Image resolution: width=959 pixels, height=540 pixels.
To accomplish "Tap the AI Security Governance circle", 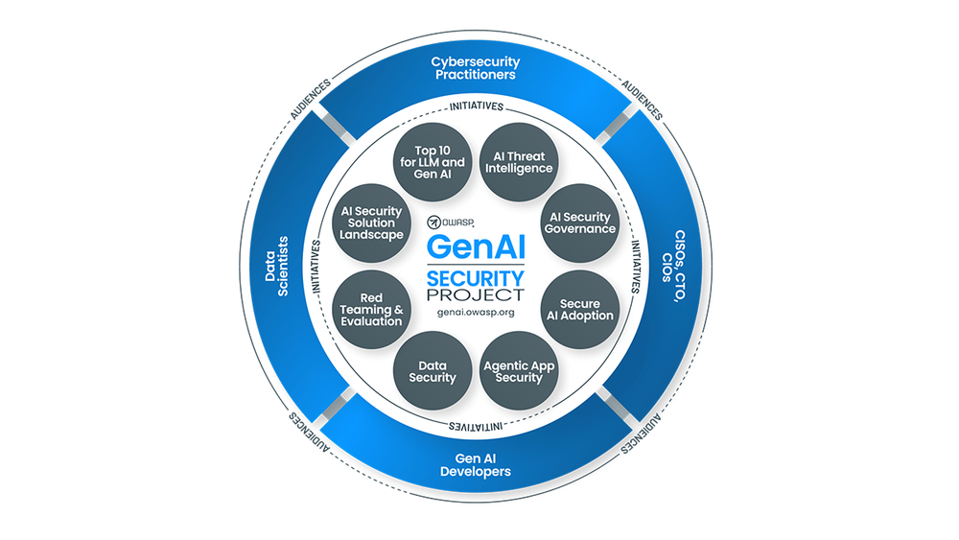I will point(578,223).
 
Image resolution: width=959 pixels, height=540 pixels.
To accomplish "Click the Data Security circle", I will point(432,371).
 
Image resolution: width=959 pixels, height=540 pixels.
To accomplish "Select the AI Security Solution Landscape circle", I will point(370,223).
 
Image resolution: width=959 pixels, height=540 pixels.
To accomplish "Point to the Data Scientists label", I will point(277,267).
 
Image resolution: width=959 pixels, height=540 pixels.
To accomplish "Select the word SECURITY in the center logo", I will point(477,278).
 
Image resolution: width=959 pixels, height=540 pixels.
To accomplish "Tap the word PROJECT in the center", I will point(477,295).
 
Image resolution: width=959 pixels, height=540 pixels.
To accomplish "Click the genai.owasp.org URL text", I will point(477,315).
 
